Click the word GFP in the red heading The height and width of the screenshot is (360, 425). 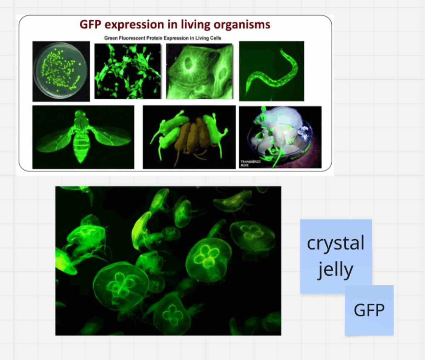click(x=90, y=24)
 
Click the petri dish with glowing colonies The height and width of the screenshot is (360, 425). click(x=61, y=71)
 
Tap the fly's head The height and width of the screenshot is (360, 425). click(x=80, y=113)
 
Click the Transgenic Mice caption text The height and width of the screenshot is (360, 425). click(x=250, y=163)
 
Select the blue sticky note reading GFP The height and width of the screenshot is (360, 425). click(x=369, y=310)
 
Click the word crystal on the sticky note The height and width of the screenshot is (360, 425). click(x=335, y=243)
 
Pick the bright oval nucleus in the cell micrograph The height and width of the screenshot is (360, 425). click(x=188, y=64)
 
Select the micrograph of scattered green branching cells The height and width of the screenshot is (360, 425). click(x=128, y=71)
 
